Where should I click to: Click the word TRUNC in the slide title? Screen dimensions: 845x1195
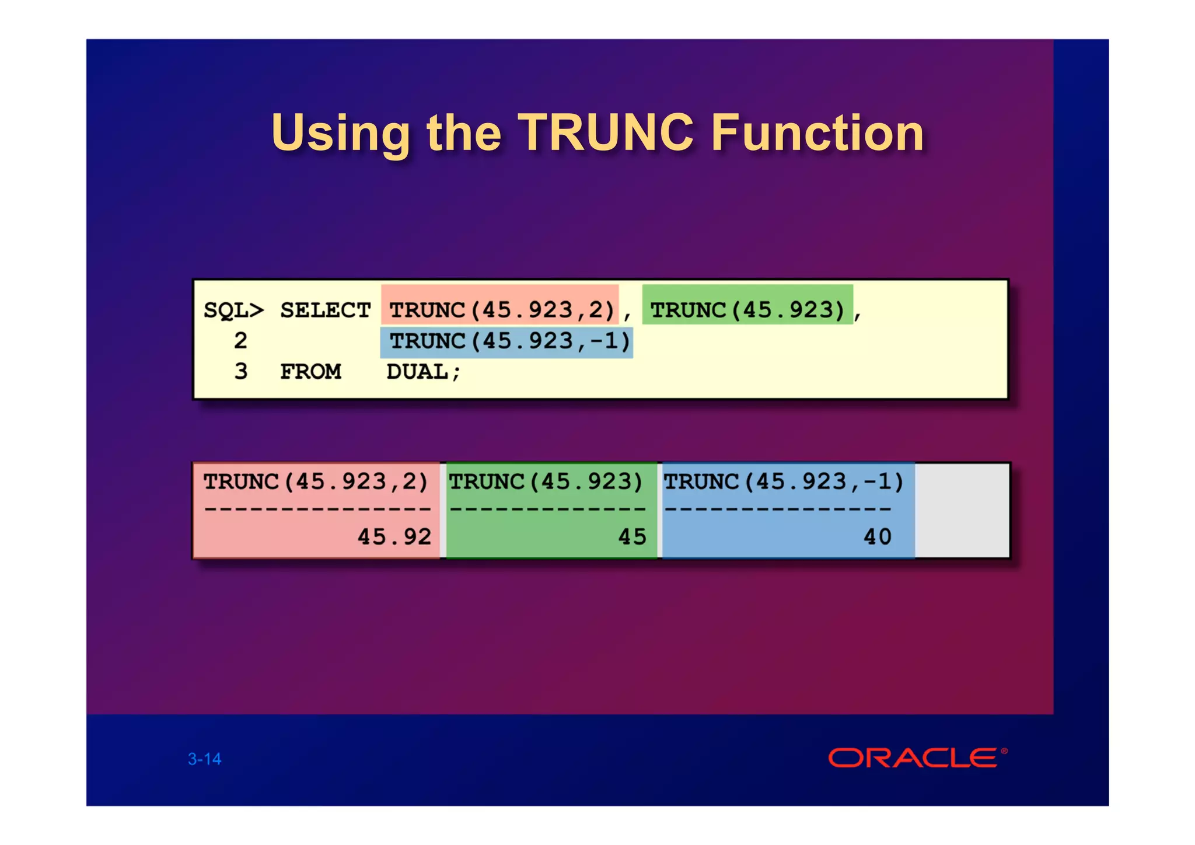[605, 133]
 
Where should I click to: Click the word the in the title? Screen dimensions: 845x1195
[464, 133]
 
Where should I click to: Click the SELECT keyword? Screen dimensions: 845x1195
[325, 310]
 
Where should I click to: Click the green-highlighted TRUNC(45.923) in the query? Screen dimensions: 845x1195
[747, 310]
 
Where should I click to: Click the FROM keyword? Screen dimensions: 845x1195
[310, 372]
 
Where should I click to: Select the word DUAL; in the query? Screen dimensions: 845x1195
[424, 372]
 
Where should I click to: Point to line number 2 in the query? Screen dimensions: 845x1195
[240, 341]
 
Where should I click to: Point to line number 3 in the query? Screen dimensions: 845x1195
[240, 372]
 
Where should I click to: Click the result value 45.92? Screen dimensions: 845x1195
[394, 537]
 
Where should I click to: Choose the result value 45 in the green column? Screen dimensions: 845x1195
[632, 537]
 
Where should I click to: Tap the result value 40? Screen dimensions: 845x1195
[877, 537]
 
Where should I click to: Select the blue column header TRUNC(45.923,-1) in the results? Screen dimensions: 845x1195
[784, 482]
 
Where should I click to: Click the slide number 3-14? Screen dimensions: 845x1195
[204, 759]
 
